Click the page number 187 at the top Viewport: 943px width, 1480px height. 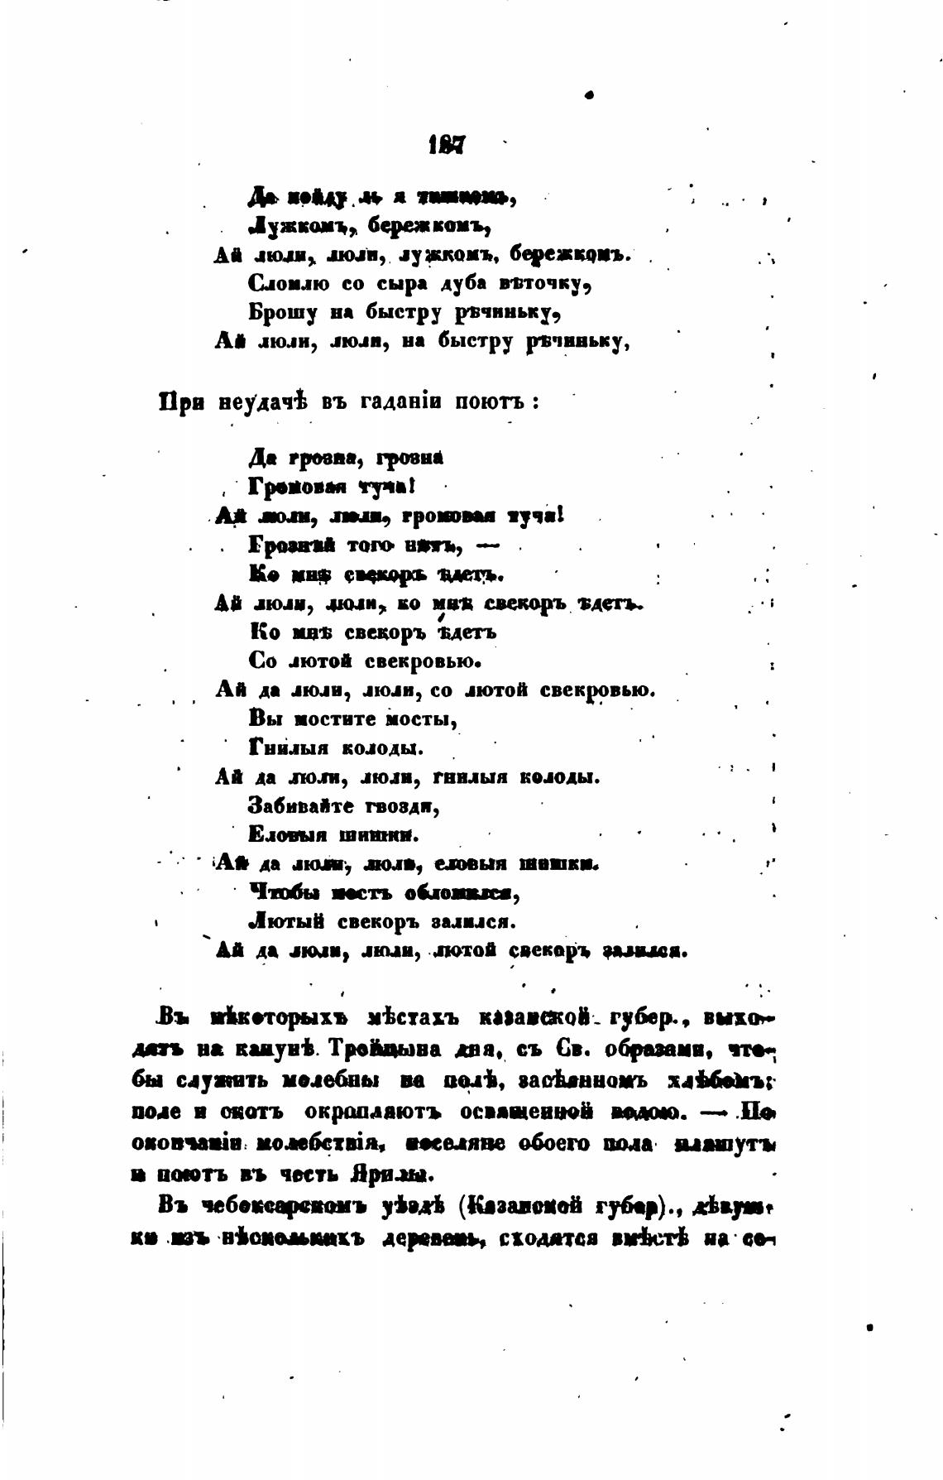click(x=448, y=147)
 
